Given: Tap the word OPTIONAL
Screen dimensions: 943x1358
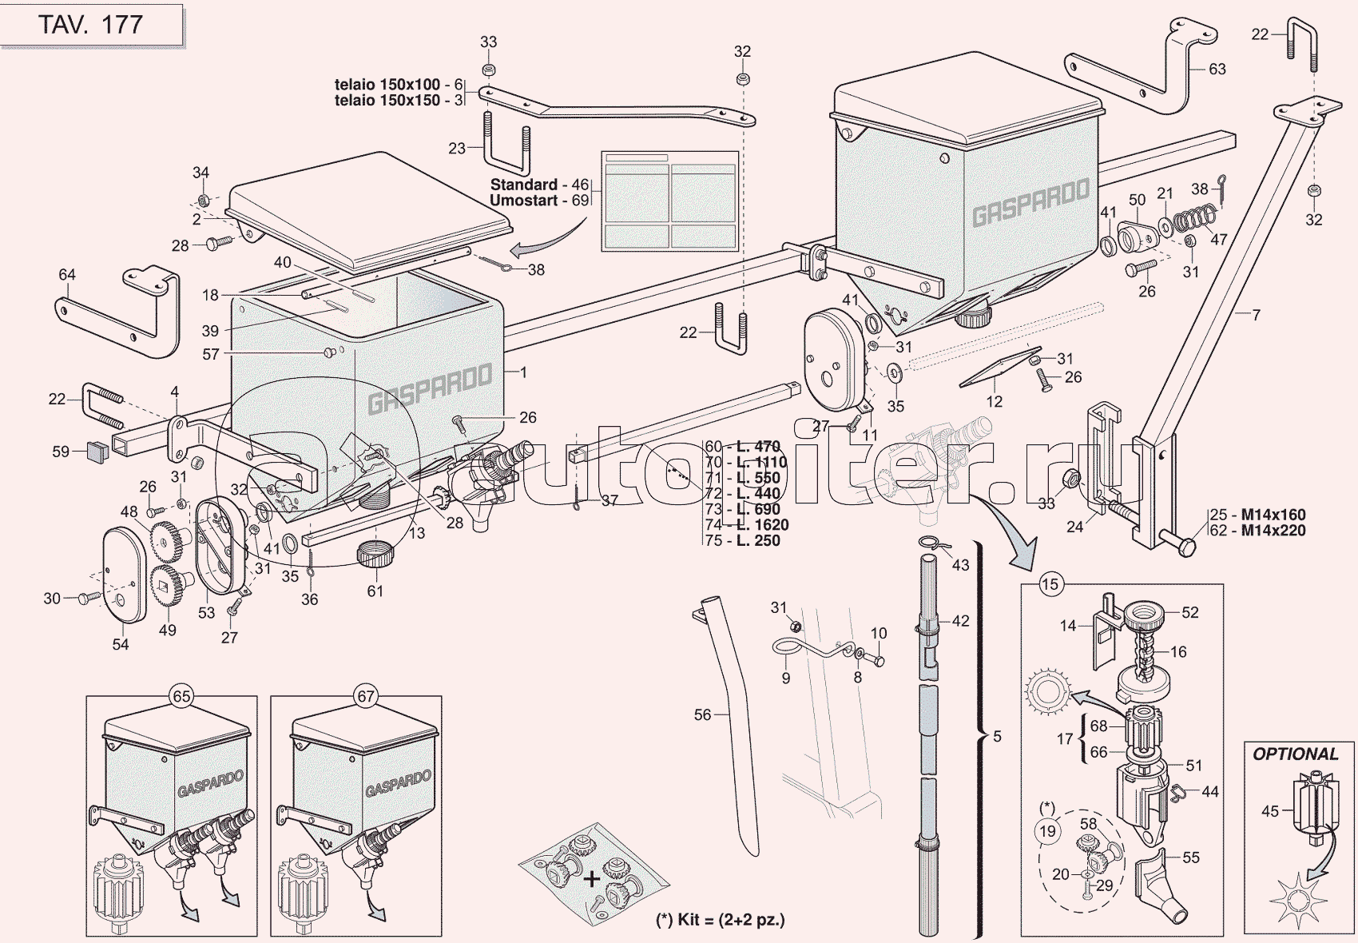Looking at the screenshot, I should [1295, 754].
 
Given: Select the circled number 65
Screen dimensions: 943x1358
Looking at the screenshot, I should [182, 696].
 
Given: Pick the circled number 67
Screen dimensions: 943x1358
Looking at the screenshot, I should [366, 696].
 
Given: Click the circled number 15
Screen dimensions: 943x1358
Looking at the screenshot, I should [1050, 584].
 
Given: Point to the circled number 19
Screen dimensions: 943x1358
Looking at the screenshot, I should [1047, 831].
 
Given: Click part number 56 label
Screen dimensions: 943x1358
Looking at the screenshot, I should [702, 714].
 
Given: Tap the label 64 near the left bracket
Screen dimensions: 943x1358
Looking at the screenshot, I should [67, 275].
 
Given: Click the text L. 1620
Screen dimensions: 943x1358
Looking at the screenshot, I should [762, 525].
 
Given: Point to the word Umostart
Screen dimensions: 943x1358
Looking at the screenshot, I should [523, 200].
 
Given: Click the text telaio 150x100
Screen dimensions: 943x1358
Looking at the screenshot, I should [387, 84].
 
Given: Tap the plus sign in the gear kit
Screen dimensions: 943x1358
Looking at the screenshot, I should [591, 880].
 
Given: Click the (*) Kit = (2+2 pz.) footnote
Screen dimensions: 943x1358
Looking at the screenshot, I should [720, 920].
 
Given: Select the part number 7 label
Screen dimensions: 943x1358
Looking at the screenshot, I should [1256, 315].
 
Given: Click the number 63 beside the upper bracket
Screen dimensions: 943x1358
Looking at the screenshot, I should [1217, 69].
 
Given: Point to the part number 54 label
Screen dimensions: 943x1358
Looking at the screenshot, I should [121, 644].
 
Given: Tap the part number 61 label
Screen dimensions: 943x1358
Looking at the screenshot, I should [375, 591].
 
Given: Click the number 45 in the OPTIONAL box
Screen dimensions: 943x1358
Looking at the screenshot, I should [1270, 811].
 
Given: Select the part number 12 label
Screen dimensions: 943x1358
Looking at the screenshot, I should [994, 401].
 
